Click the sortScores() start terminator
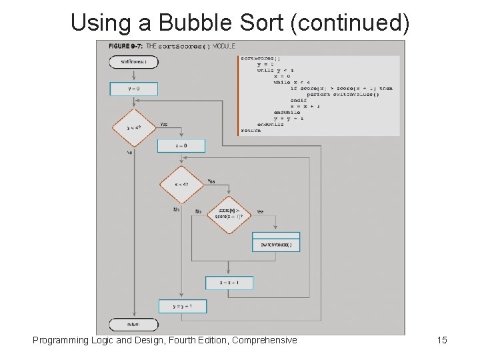133,62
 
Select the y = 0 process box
133,89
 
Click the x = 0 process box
181,145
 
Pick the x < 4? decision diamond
181,185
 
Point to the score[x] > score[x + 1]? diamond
229,215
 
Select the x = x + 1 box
229,283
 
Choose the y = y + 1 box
182,306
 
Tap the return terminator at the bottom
133,325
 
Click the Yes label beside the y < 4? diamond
163,124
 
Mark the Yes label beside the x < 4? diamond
211,181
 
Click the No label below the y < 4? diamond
129,153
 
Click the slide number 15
441,340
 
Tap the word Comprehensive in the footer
264,340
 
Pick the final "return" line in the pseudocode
251,130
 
